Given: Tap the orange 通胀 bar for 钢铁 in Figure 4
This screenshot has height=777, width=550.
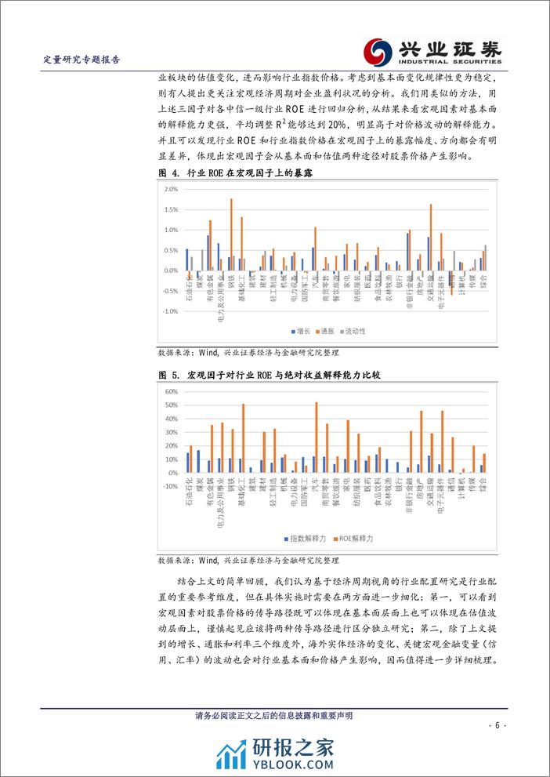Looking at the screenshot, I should point(231,234).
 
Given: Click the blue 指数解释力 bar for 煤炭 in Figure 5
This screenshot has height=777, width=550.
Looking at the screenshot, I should point(198,461).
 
